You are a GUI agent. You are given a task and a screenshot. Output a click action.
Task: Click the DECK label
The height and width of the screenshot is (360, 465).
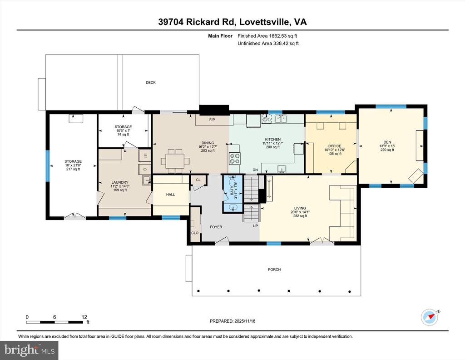pos(151,83)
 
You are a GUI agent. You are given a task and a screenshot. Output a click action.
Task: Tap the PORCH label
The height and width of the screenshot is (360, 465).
pos(274,270)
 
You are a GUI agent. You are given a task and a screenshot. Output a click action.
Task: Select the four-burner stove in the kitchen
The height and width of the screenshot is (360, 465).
pos(234,158)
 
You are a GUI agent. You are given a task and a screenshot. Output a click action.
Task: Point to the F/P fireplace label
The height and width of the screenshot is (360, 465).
pos(212,120)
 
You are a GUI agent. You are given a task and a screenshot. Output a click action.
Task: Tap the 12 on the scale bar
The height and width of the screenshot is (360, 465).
pos(84,317)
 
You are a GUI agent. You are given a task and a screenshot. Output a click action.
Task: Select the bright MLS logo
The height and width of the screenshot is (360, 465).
pos(30,350)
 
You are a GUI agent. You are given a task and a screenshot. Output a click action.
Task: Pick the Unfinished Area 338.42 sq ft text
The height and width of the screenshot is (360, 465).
pos(268,43)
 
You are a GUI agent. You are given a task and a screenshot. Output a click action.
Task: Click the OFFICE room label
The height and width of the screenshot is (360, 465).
pos(335,146)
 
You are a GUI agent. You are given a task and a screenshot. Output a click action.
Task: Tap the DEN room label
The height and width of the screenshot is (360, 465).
pos(387,142)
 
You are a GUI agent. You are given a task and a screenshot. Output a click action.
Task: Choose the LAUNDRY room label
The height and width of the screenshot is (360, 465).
pos(120,182)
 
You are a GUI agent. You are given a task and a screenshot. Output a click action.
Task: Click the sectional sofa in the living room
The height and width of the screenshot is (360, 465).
pos(343,213)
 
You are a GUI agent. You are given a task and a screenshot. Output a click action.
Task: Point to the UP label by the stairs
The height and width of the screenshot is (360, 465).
pos(255,226)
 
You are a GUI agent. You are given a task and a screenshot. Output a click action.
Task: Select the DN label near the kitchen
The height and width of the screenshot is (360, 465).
pos(255,170)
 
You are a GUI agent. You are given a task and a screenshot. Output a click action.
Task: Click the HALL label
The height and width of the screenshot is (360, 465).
pos(171,195)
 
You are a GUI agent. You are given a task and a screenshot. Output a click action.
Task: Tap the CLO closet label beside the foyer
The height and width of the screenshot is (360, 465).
pos(195,233)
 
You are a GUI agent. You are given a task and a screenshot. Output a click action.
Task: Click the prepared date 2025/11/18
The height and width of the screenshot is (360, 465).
pos(245,321)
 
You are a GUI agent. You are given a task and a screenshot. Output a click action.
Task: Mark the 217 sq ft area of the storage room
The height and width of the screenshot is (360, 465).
pos(73,169)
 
